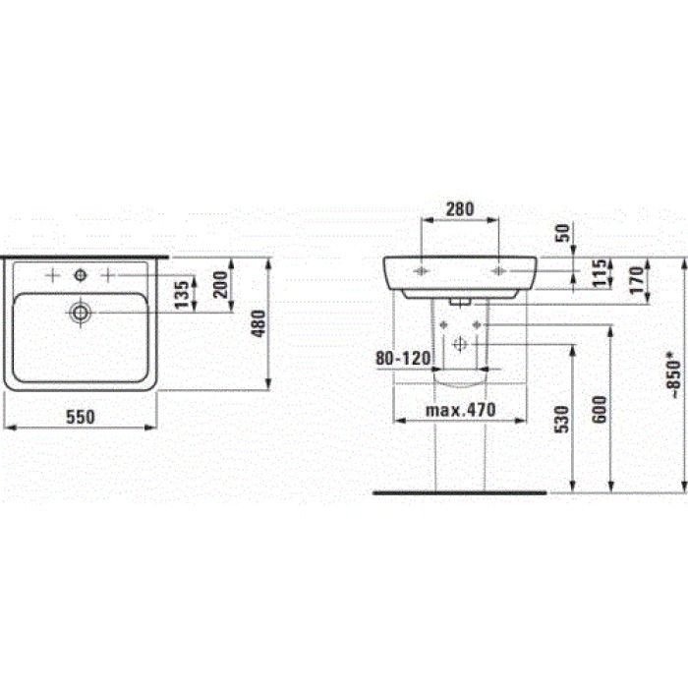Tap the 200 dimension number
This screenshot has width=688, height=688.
[220, 285]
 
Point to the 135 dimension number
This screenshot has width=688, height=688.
[181, 294]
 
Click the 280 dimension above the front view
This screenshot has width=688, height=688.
[460, 208]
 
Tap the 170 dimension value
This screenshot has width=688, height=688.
[636, 276]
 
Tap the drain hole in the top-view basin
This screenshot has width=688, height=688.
[81, 313]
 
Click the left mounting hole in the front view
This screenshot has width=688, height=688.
[421, 268]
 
